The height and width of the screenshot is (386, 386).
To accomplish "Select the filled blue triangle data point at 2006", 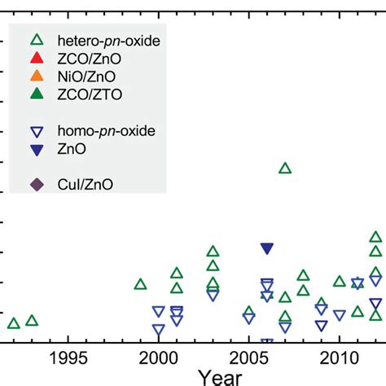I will pyautogui.click(x=267, y=249).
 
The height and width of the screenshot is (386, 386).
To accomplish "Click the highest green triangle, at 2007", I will pyautogui.click(x=285, y=168).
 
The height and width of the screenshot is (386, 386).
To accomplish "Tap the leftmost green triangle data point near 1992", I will pyautogui.click(x=14, y=323).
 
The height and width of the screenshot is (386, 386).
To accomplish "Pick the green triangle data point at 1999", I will pyautogui.click(x=140, y=284).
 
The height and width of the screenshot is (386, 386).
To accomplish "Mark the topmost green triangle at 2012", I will pyautogui.click(x=375, y=237).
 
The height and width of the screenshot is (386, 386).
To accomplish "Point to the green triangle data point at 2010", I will pyautogui.click(x=340, y=281).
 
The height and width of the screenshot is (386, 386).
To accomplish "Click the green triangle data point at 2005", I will pyautogui.click(x=249, y=312).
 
